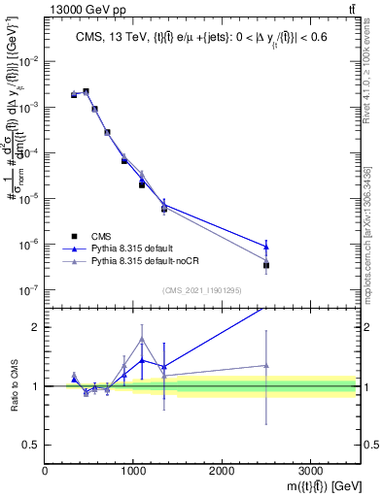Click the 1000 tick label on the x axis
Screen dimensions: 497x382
point(133,471)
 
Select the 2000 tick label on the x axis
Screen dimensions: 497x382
point(222,471)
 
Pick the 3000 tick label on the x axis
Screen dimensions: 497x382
point(310,471)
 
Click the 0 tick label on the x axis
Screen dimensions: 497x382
point(46,471)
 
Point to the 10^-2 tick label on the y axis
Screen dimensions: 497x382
point(29,61)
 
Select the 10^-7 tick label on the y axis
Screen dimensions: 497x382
point(29,290)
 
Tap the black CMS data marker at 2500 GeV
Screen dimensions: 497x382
point(266,265)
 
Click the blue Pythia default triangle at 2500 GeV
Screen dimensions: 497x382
point(266,246)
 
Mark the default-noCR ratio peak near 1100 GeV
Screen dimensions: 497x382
point(142,339)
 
